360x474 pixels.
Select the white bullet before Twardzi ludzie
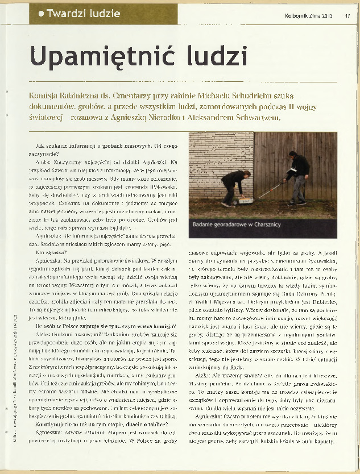click(41, 13)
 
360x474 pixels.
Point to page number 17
click(347, 15)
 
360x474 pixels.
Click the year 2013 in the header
click(326, 15)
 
